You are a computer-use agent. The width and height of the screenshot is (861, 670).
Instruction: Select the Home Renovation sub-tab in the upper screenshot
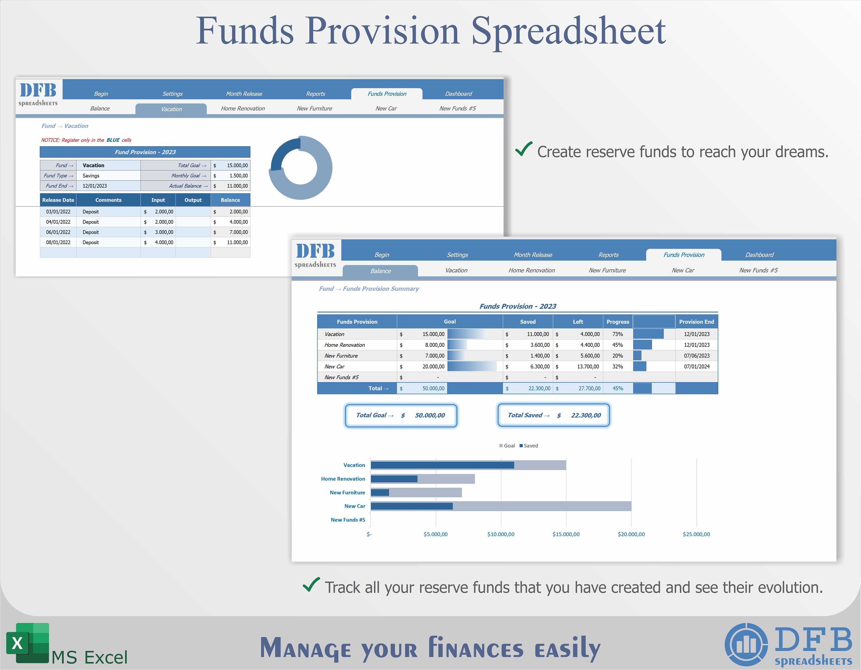[243, 109]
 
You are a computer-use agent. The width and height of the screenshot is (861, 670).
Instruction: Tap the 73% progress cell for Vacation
[617, 334]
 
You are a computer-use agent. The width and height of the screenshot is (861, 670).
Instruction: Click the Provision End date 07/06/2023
[696, 356]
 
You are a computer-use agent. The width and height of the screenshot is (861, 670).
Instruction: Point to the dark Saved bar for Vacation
[442, 465]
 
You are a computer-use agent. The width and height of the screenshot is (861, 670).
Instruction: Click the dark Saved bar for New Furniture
[380, 493]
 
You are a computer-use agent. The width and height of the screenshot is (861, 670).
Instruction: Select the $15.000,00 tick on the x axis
[566, 534]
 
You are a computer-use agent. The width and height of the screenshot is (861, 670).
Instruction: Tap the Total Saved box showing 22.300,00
[554, 415]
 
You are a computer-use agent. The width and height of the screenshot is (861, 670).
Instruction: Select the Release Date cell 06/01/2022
[58, 232]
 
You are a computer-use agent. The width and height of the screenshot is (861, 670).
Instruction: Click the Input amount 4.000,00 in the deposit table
[164, 243]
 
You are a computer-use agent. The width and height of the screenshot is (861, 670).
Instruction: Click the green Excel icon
[28, 644]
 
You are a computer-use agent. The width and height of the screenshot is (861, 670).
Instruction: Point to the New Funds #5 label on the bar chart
[348, 520]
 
